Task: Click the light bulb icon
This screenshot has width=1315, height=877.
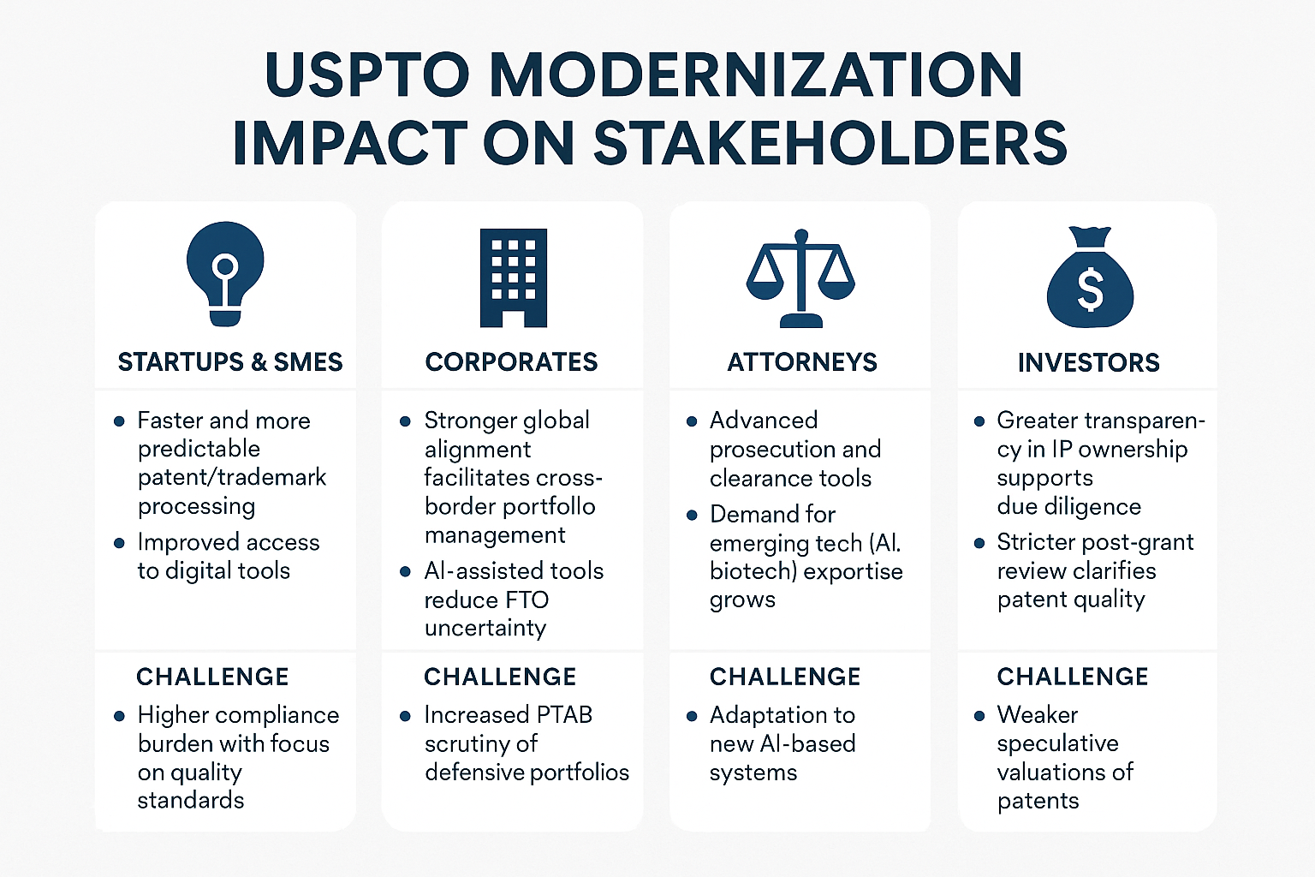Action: tap(225, 272)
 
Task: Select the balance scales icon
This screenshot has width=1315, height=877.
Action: tap(800, 277)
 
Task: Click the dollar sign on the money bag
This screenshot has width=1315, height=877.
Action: tap(1090, 289)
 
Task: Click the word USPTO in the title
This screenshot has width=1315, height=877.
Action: tap(367, 75)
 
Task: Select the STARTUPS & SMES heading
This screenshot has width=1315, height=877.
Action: tap(229, 362)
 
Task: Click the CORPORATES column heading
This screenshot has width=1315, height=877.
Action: tap(511, 362)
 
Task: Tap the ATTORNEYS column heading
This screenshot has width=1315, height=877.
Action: tap(802, 362)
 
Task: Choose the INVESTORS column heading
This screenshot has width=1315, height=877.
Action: tap(1088, 363)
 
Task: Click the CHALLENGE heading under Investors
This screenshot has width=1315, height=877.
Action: tap(1073, 677)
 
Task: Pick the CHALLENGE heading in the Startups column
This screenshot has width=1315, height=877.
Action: tap(212, 677)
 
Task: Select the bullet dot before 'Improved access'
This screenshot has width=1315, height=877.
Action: tap(119, 543)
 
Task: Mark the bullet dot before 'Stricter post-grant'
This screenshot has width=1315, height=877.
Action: tap(979, 543)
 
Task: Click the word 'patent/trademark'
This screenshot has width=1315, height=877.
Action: tap(232, 477)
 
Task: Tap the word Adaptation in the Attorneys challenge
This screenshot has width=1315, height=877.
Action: tap(782, 714)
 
